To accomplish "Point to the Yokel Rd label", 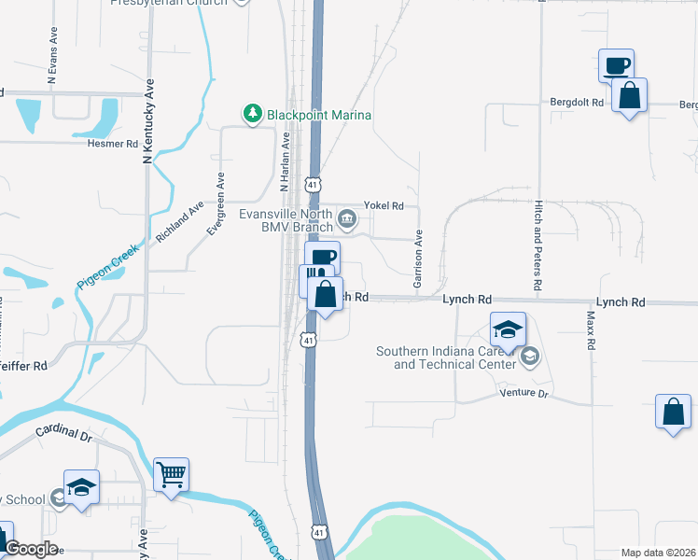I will (384, 205).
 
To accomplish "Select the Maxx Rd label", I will (591, 330).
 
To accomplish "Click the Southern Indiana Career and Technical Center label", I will (446, 357).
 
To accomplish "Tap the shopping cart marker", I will (172, 476).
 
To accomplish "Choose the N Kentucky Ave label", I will (147, 121).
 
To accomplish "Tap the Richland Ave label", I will (180, 223).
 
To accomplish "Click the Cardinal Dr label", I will (64, 434).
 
